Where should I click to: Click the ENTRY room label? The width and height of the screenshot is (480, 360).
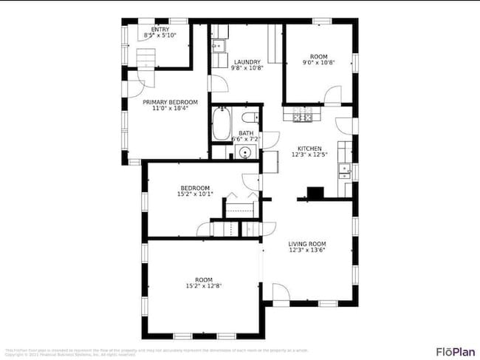click(160, 30)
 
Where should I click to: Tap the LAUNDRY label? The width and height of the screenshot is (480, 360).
click(246, 62)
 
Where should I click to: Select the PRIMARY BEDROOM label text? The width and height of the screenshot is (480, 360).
click(170, 102)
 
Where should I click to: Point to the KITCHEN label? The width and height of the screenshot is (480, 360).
click(309, 148)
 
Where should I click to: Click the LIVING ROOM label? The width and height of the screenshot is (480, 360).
click(307, 243)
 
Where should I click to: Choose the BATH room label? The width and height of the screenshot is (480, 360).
click(245, 133)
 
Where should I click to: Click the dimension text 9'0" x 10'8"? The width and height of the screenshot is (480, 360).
click(318, 63)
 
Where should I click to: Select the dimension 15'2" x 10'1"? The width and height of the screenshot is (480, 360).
click(196, 194)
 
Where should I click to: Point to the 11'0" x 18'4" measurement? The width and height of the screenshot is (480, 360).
click(170, 109)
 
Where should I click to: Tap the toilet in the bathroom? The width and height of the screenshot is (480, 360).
click(250, 116)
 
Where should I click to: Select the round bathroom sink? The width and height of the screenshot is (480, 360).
click(244, 153)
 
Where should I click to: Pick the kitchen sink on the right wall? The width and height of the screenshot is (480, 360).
click(345, 171)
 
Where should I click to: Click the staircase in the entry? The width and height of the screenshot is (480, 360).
click(147, 58)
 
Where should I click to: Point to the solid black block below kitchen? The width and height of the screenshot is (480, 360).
click(315, 192)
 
